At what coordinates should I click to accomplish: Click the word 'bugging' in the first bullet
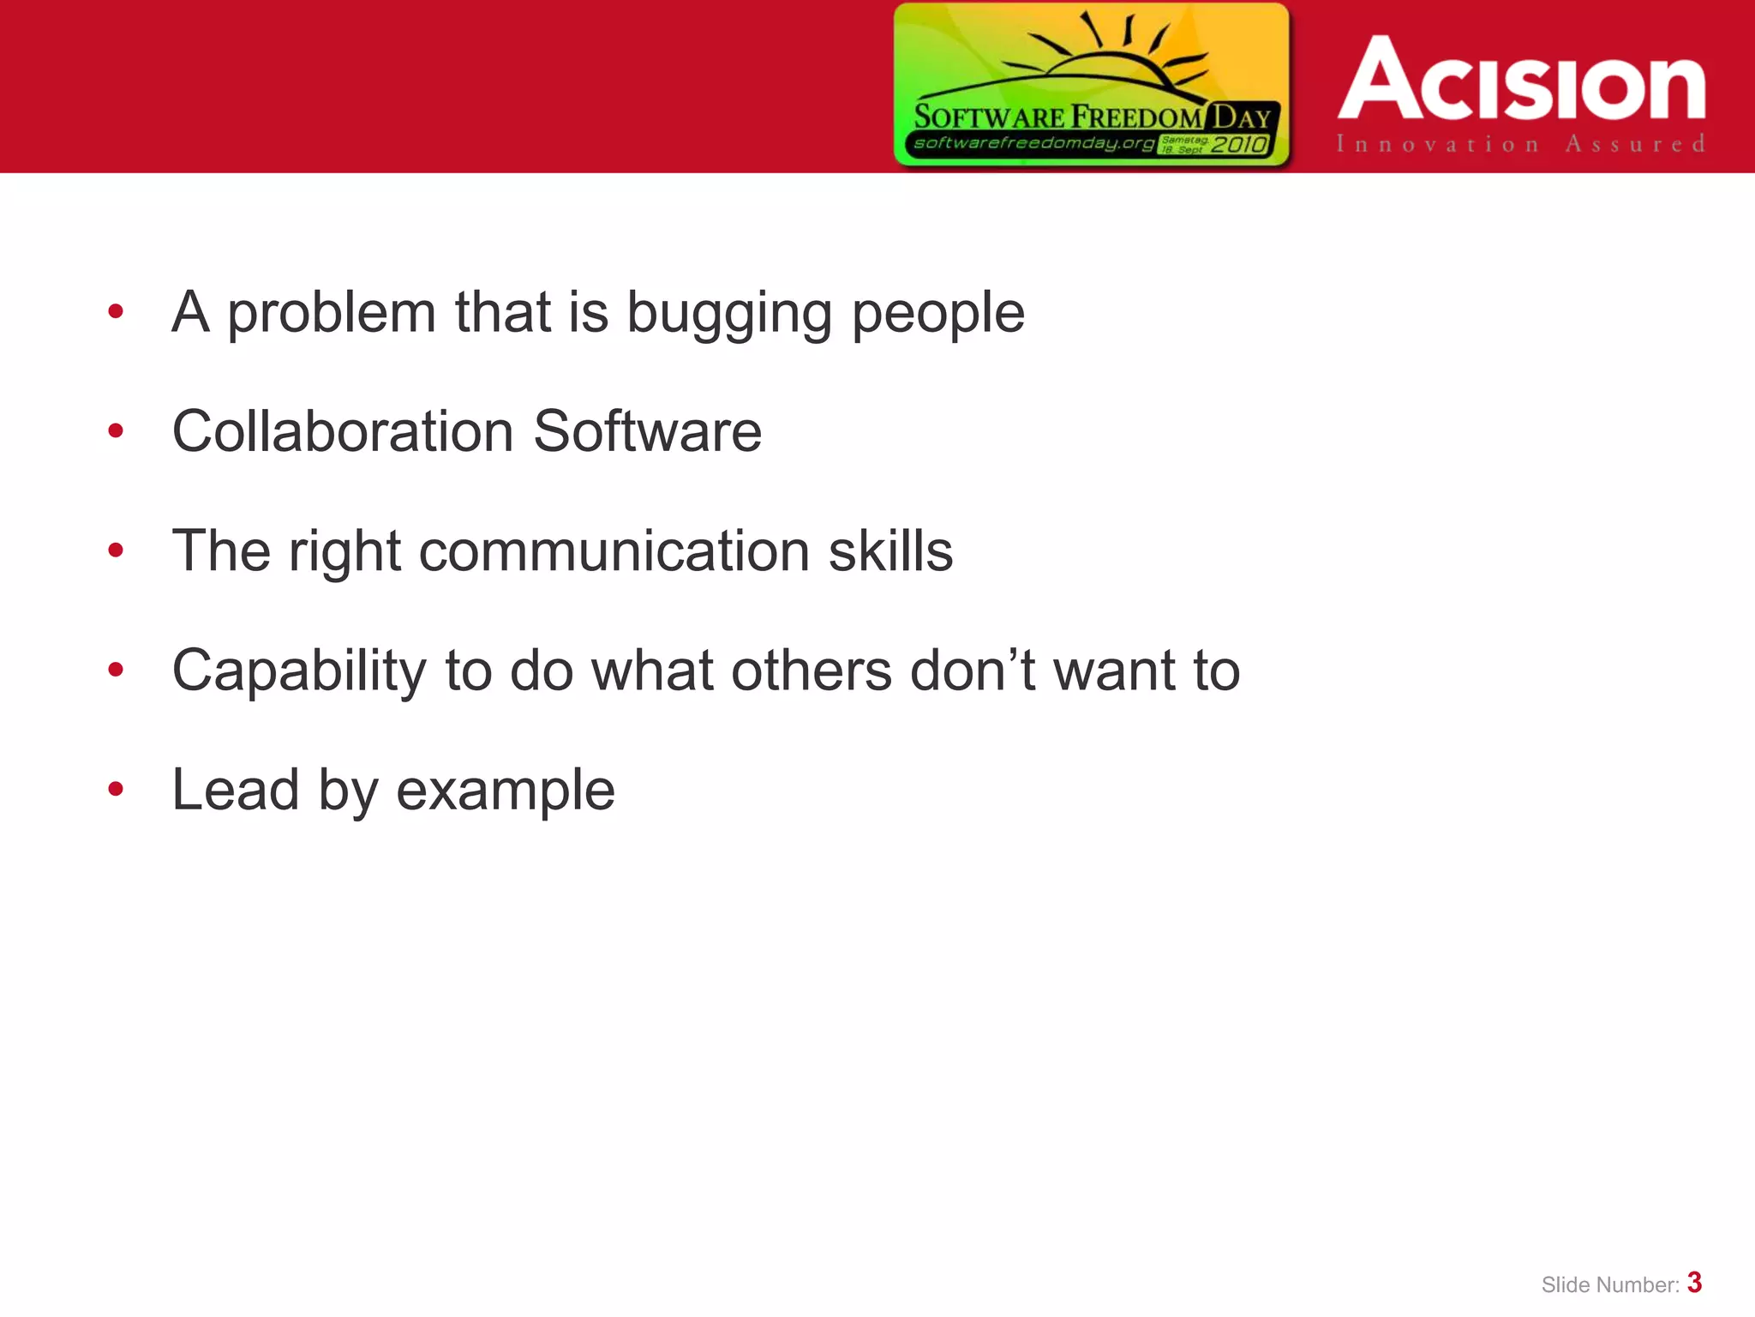click(x=728, y=314)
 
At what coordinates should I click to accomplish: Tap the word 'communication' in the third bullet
click(x=614, y=551)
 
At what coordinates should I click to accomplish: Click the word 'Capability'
click(x=298, y=671)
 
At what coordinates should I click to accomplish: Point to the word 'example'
click(x=506, y=791)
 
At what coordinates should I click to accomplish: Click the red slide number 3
click(x=1694, y=1283)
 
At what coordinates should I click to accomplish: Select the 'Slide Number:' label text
click(x=1609, y=1285)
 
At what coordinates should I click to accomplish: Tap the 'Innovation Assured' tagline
click(x=1520, y=144)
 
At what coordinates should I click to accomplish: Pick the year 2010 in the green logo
click(x=1238, y=145)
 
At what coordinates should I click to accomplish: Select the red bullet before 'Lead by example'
click(x=116, y=789)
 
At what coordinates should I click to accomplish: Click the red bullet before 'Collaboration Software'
click(x=116, y=430)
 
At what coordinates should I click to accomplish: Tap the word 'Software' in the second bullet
click(x=647, y=431)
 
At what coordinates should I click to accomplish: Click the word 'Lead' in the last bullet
click(x=236, y=791)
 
